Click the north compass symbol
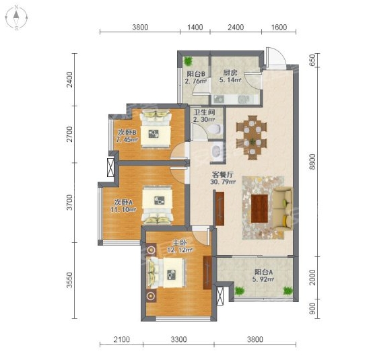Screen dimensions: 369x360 [x=16, y=17]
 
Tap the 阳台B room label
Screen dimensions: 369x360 [x=196, y=74]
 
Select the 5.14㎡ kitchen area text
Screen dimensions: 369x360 [x=230, y=80]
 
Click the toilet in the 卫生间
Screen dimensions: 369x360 [x=215, y=129]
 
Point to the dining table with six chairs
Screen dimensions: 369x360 [x=252, y=137]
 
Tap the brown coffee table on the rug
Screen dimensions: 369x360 [x=259, y=209]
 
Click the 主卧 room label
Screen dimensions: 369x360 [x=180, y=243]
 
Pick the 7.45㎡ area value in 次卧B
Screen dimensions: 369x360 [x=127, y=140]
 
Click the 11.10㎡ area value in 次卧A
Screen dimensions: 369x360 [x=123, y=209]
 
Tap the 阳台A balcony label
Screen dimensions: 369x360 [x=263, y=273]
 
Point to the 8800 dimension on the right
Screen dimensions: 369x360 [x=312, y=161]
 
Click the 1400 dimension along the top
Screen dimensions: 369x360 [x=195, y=28]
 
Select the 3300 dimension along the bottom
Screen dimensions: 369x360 [x=179, y=339]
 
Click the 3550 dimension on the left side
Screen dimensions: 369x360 [x=69, y=280]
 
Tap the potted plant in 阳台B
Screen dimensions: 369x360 [x=188, y=61]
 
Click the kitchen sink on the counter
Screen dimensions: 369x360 [x=244, y=99]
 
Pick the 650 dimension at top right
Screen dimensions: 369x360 [x=312, y=60]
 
